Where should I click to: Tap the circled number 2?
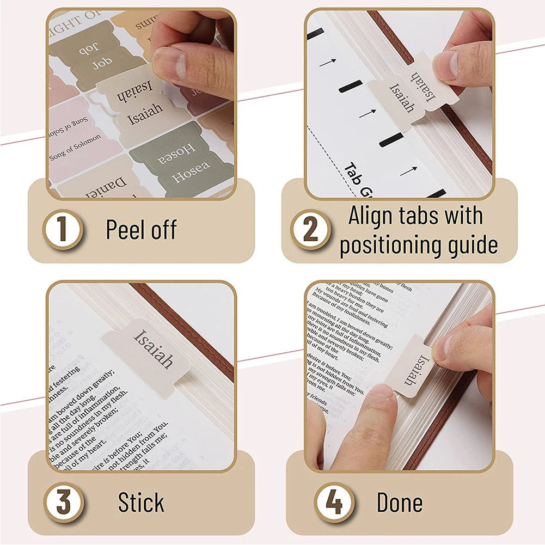pyautogui.click(x=310, y=230)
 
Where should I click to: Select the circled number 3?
pyautogui.click(x=64, y=503)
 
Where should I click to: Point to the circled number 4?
pyautogui.click(x=334, y=503)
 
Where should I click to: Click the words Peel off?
pyautogui.click(x=141, y=230)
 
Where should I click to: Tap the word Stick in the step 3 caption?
pyautogui.click(x=141, y=503)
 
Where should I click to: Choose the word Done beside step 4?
pyautogui.click(x=399, y=503)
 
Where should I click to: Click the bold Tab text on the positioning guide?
pyautogui.click(x=357, y=175)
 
